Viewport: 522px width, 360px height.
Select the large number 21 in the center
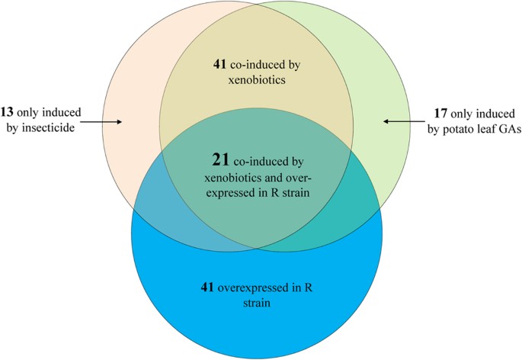pos(222,161)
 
